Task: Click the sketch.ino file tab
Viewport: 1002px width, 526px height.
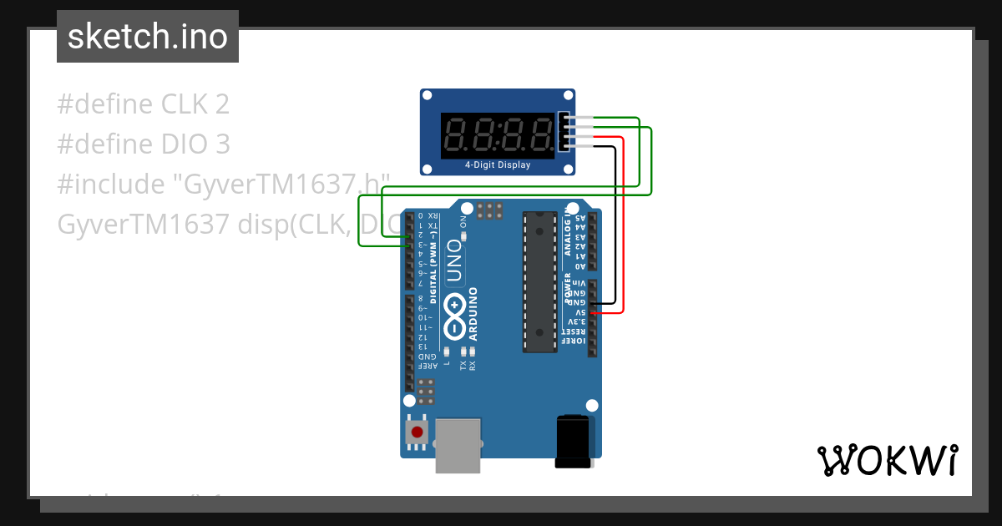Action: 147,37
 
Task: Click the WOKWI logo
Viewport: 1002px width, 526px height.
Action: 887,460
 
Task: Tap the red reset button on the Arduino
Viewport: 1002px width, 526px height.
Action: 417,432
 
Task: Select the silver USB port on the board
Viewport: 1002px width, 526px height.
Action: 459,444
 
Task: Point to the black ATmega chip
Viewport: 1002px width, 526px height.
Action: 539,281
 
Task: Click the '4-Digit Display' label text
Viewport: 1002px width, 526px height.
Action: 498,164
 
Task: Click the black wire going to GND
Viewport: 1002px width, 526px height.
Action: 615,225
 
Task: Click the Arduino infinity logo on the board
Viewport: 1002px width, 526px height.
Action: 455,316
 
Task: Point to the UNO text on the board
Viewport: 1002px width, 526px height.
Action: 453,260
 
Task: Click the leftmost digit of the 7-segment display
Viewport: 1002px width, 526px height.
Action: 457,134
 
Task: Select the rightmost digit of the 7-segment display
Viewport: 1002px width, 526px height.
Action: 539,134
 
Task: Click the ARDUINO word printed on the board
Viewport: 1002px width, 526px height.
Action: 473,314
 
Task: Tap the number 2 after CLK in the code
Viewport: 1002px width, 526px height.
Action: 221,104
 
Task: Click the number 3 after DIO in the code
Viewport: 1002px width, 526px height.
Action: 221,144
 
